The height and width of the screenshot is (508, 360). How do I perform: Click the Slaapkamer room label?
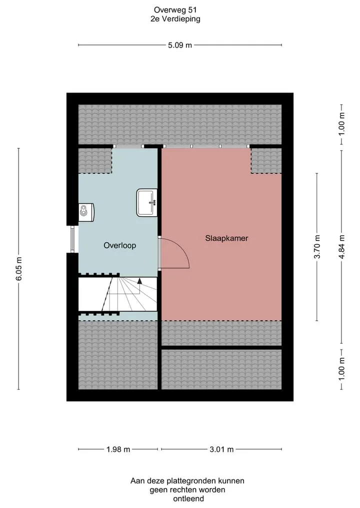click(x=226, y=238)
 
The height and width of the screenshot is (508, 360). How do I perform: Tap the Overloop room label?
click(x=119, y=246)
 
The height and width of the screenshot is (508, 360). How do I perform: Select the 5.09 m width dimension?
click(x=180, y=45)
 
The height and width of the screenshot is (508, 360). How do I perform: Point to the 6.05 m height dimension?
click(x=19, y=269)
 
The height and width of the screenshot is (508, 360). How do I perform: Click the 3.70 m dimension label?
click(x=317, y=247)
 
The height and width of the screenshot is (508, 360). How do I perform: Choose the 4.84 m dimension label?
click(x=341, y=247)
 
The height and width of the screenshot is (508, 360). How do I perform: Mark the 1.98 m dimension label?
click(x=118, y=450)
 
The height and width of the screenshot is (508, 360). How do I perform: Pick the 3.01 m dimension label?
click(x=221, y=450)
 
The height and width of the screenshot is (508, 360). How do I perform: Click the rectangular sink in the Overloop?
click(x=147, y=202)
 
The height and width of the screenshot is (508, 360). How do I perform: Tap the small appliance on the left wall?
click(x=86, y=212)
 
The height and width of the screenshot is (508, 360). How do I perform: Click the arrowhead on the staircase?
click(x=139, y=281)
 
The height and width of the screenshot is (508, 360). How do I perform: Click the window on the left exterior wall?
click(x=72, y=239)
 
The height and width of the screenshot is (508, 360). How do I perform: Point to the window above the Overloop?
click(x=128, y=146)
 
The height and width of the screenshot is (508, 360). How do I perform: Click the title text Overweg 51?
click(x=175, y=10)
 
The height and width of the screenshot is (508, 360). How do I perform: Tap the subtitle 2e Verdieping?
click(x=175, y=19)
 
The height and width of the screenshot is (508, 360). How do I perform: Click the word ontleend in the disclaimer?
click(x=188, y=499)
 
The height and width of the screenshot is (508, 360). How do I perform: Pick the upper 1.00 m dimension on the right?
click(x=341, y=124)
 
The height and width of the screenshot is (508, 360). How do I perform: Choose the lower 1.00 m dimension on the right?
click(x=341, y=369)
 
